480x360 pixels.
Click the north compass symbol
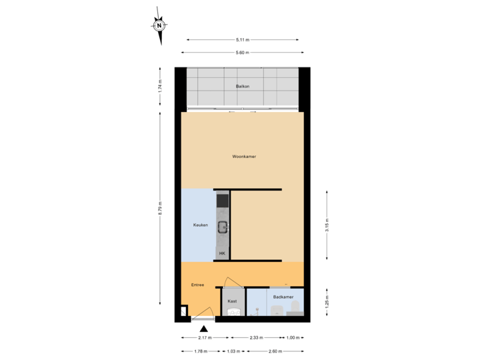point(159,26)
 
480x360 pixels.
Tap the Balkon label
point(242,87)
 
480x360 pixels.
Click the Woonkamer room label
point(244,157)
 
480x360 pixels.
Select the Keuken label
point(201,225)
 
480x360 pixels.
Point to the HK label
point(222,253)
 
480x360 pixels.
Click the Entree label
point(197,285)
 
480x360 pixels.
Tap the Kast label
point(232,301)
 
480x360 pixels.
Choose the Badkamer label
point(283,297)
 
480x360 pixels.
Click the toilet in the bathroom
point(295,308)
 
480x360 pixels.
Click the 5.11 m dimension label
point(243,39)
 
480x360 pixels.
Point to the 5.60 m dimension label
point(242,52)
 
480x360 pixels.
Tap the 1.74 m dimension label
point(160,87)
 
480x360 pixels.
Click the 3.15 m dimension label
point(326,225)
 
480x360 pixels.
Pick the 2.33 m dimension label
point(256,338)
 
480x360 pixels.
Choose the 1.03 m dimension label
point(233,351)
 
